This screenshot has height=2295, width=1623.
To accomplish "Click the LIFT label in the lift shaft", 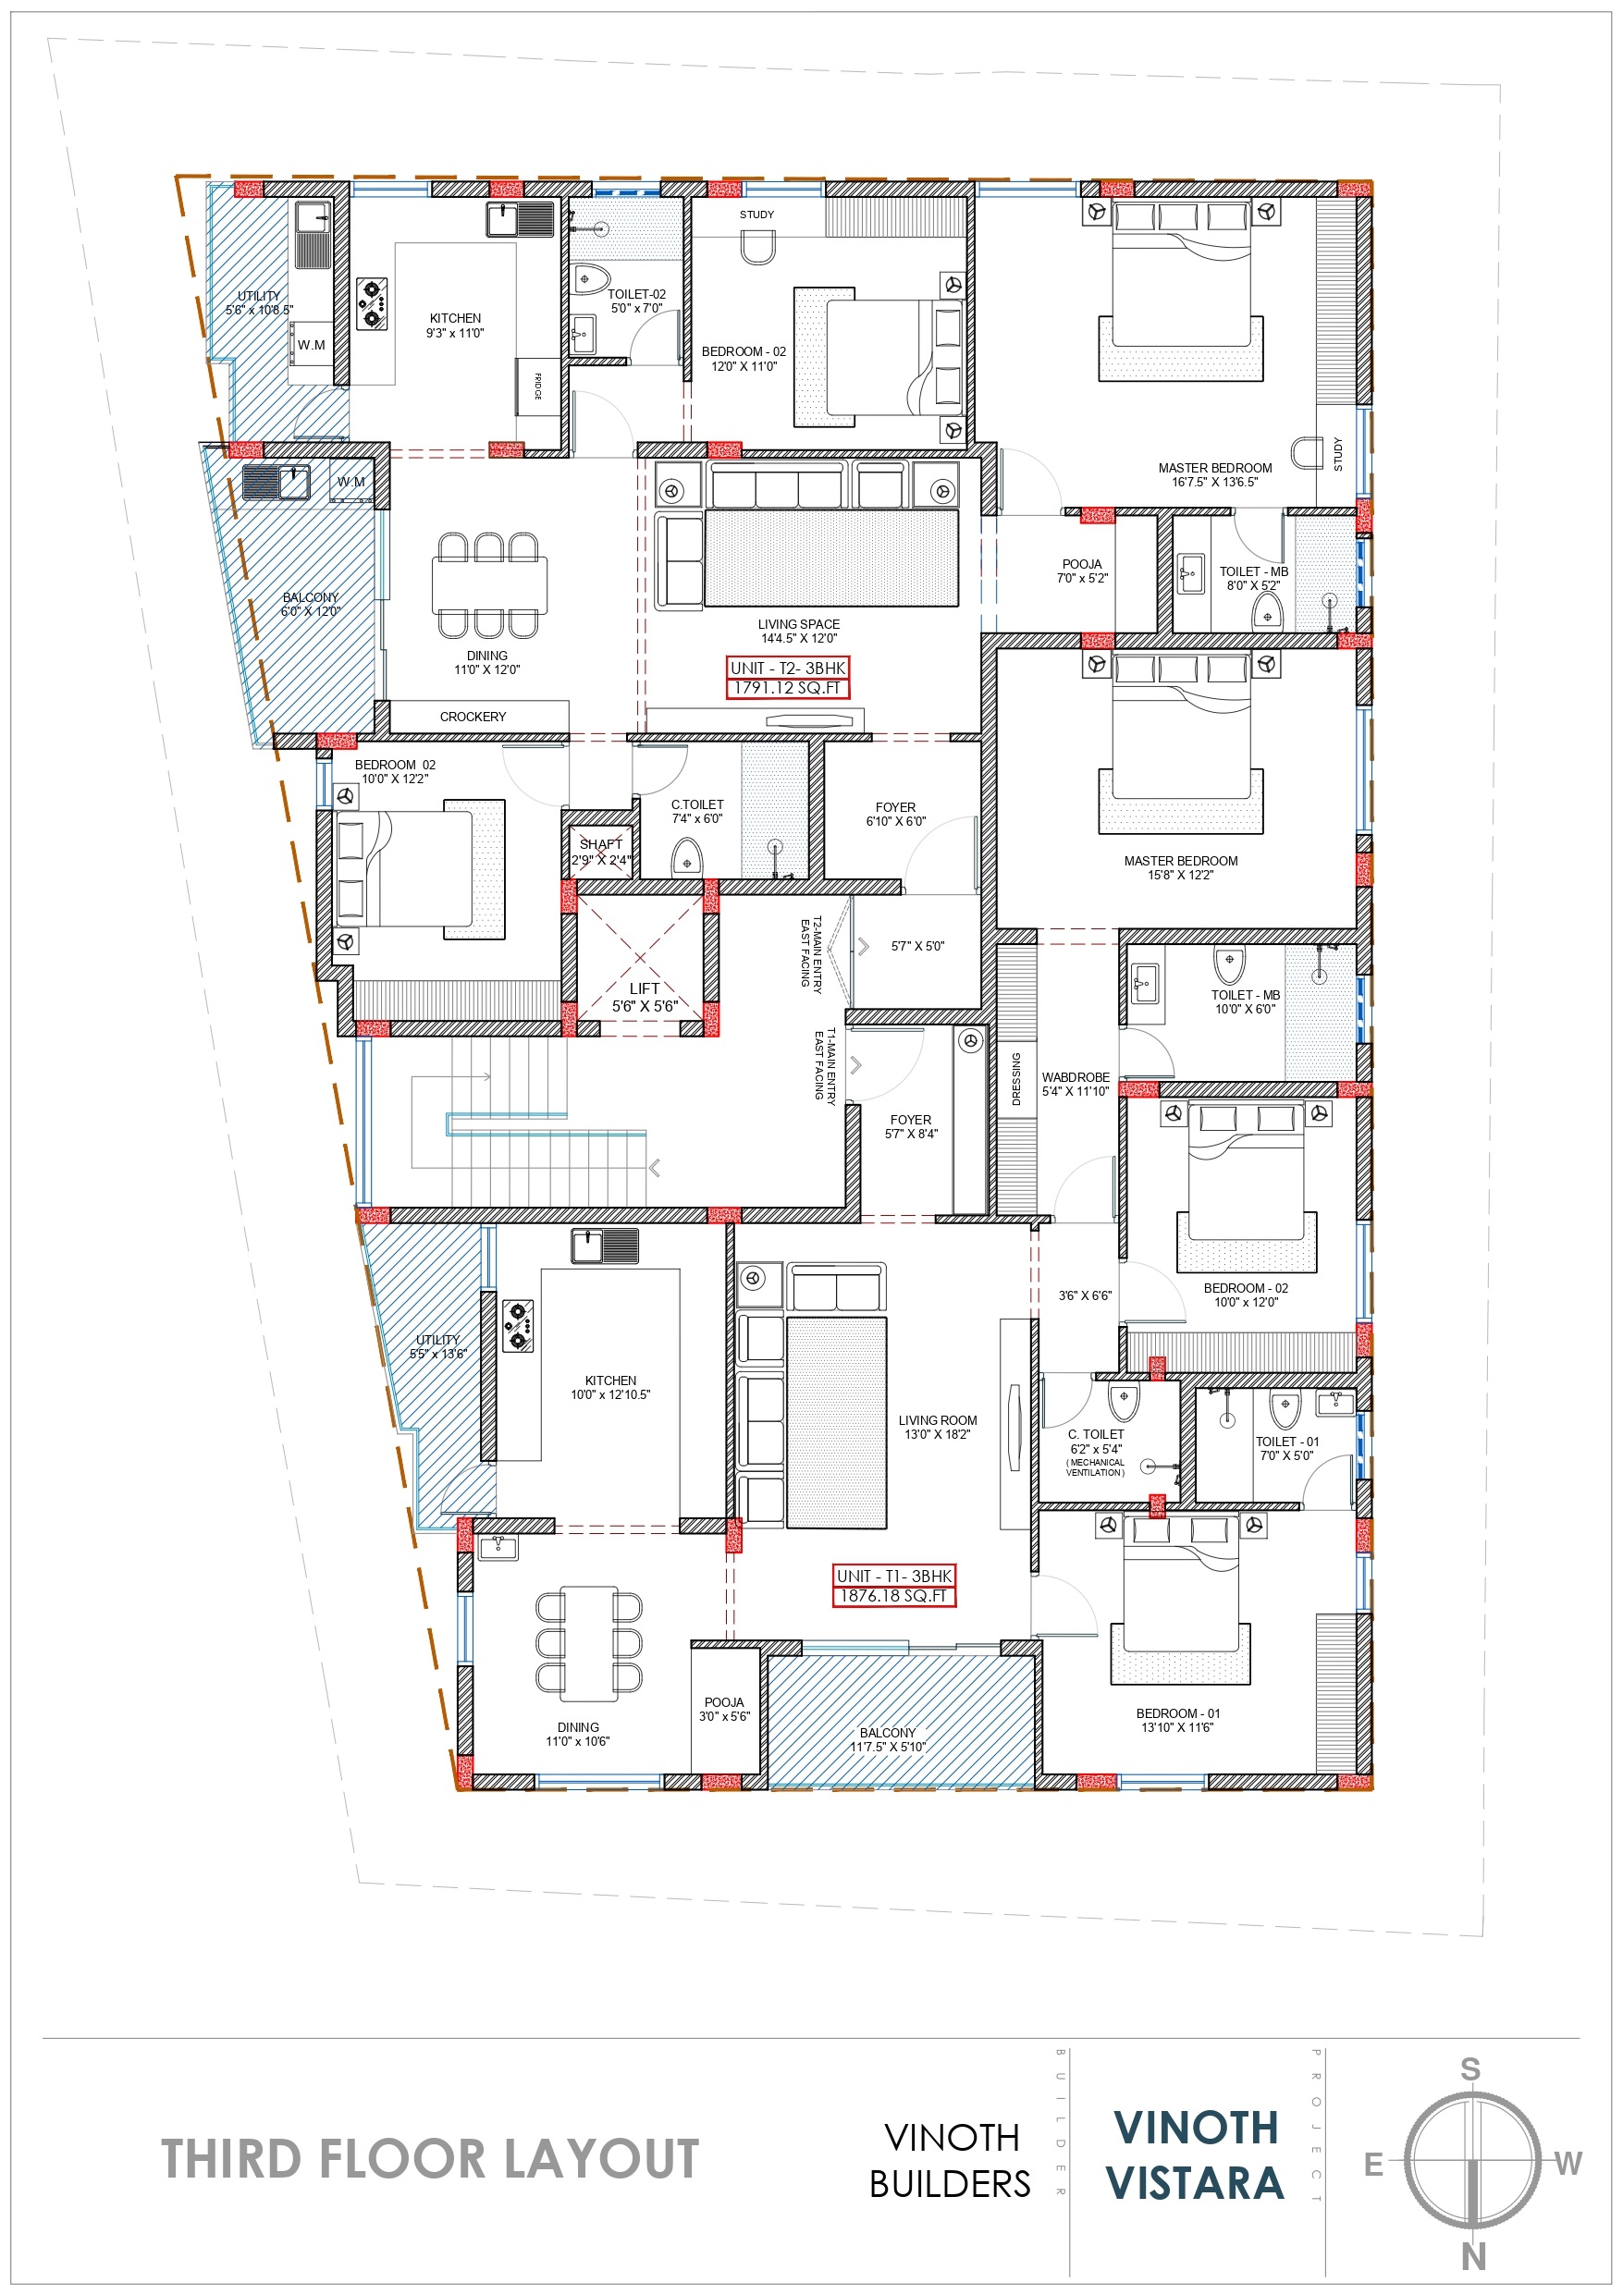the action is (x=645, y=989).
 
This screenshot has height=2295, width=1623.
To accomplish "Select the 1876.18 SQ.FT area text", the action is (x=894, y=1596).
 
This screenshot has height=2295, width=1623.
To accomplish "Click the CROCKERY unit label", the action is (x=473, y=717).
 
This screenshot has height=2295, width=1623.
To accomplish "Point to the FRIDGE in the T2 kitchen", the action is (x=538, y=386).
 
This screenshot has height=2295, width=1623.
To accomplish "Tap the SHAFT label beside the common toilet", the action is (x=601, y=844).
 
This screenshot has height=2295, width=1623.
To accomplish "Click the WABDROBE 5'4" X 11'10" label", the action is (x=1076, y=1085).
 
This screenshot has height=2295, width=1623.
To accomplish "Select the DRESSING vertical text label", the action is (x=1017, y=1078).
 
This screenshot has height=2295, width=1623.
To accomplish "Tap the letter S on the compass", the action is (x=1470, y=2070).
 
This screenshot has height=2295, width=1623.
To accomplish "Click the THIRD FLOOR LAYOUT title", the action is (x=430, y=2159).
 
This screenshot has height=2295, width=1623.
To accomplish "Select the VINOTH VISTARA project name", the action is (x=1195, y=2156).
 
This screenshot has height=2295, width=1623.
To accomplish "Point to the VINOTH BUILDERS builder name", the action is (x=951, y=2161).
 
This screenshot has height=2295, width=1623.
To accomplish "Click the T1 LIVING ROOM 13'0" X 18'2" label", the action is (x=938, y=1428).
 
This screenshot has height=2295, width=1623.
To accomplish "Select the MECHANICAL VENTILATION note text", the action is (x=1095, y=1467).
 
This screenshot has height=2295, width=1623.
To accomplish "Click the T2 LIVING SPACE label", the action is (x=799, y=631).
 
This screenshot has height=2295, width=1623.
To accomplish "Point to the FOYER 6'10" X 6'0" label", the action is (x=896, y=814).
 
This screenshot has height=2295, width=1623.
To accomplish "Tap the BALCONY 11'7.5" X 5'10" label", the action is (x=888, y=1740).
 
